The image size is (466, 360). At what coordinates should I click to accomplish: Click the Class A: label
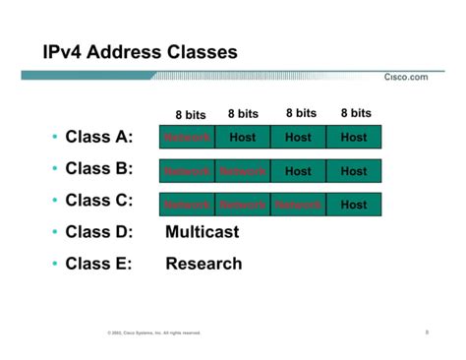pos(98,137)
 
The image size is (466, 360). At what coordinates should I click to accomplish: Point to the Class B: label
pos(98,169)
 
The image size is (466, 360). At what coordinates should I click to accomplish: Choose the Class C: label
pos(98,202)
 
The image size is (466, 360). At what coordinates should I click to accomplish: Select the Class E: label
pos(98,264)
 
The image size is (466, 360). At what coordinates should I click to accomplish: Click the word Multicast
pos(202,232)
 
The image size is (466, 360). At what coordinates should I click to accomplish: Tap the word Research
pos(204,264)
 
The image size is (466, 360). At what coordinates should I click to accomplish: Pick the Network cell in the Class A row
pos(187,138)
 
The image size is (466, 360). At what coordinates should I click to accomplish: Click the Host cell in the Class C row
pos(354,205)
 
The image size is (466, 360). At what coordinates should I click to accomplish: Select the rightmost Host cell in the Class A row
pos(354,138)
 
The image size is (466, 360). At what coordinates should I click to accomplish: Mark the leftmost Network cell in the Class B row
pos(187,171)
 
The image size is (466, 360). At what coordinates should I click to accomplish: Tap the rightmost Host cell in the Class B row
pos(354,171)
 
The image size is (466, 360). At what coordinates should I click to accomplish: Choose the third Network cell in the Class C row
pos(298,205)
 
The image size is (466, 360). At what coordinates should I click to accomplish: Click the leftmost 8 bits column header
pos(191,115)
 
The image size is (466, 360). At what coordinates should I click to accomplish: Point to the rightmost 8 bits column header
pos(356,113)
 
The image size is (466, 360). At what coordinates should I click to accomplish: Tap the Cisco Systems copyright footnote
pos(154,332)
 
